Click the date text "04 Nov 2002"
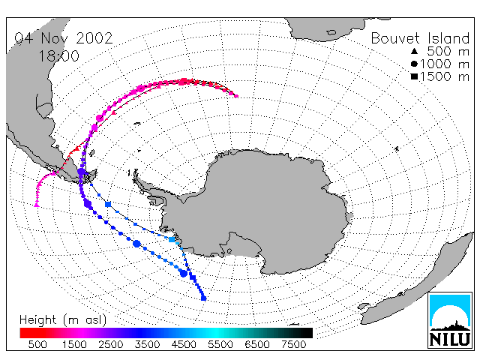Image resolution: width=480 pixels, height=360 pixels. pos(64,38)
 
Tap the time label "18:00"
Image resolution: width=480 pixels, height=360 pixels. pos(59,56)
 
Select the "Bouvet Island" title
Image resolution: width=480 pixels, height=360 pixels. pos(420,38)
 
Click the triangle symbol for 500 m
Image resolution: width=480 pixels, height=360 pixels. pos(414,51)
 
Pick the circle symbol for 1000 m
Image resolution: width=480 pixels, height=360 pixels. pos(414,64)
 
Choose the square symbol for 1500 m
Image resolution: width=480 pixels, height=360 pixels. pos(414,76)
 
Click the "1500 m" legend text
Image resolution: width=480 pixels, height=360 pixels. pos(445,76)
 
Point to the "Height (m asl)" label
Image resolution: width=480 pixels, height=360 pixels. pos(63,320)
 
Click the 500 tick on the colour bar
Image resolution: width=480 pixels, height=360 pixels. pos(37,344)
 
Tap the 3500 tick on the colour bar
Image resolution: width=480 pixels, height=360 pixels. pos(147,344)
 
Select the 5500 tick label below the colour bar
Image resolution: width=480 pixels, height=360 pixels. pos(220,344)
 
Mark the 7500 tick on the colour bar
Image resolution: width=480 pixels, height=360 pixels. pos(293,344)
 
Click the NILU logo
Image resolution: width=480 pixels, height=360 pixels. pos(450,320)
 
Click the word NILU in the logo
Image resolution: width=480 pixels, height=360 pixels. pos(450,339)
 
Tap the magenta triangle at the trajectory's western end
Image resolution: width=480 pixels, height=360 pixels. pos(37,205)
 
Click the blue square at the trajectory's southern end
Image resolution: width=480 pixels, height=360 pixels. pos(203,298)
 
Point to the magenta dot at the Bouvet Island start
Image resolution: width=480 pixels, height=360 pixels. pos(236,96)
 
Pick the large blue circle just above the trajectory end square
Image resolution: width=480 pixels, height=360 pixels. pos(183,273)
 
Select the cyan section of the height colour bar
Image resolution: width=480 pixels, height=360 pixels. pos(217,333)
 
